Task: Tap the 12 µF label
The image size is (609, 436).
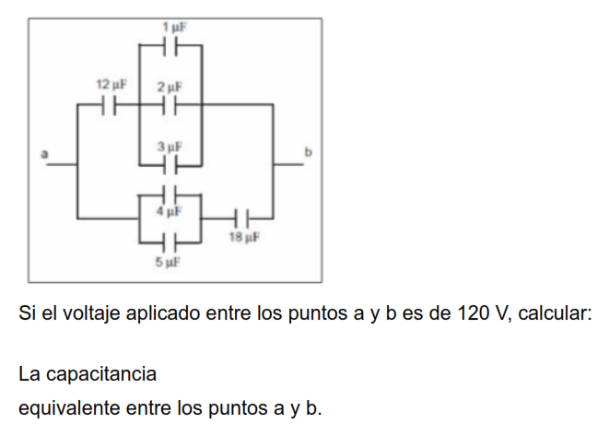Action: click(x=111, y=86)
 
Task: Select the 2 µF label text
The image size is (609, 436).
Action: click(x=169, y=87)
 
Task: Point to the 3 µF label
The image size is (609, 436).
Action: click(x=169, y=147)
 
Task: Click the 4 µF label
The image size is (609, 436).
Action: click(x=169, y=211)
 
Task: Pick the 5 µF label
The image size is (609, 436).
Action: click(x=167, y=263)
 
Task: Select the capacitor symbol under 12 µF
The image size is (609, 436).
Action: click(x=109, y=105)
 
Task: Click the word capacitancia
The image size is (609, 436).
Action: click(x=100, y=375)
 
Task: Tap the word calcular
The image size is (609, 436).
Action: click(x=555, y=313)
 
